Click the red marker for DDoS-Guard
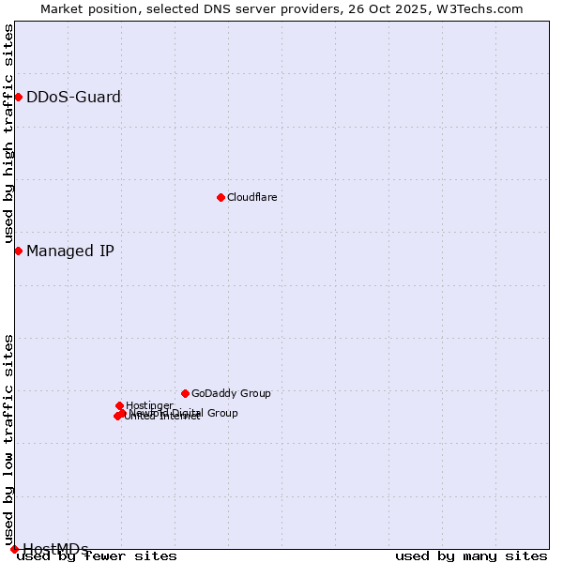coord(18,97)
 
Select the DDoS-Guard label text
coord(73,97)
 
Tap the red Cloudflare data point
coord(221,197)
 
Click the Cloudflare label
coord(251,197)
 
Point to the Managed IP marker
coord(18,251)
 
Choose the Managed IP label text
coord(70,251)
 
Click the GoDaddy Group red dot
coord(185,393)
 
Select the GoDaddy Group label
coord(231,393)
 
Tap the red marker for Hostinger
coord(119,405)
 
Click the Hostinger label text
coord(149,405)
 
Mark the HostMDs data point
coord(14,549)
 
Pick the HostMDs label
coord(55,549)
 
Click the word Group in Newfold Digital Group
coord(221,413)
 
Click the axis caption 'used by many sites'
coord(471,556)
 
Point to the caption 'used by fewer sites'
coord(97,556)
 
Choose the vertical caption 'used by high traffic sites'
coord(9,134)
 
